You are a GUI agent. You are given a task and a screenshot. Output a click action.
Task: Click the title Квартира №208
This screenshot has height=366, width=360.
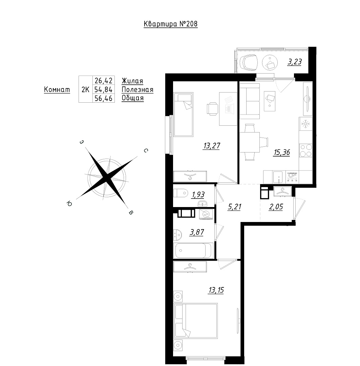pyautogui.click(x=171, y=24)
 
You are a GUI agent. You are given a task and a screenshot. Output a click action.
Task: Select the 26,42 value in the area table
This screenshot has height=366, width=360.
pyautogui.click(x=104, y=81)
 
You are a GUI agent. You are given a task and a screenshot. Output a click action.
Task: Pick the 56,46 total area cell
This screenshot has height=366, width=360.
pyautogui.click(x=104, y=99)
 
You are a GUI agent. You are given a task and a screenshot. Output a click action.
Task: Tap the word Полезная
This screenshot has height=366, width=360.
pyautogui.click(x=137, y=89)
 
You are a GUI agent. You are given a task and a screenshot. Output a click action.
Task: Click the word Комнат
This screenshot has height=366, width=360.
pyautogui.click(x=57, y=89)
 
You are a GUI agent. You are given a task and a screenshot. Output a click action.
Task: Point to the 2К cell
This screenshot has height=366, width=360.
pyautogui.click(x=85, y=89)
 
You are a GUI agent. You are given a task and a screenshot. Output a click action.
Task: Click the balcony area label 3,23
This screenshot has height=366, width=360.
pyautogui.click(x=295, y=62)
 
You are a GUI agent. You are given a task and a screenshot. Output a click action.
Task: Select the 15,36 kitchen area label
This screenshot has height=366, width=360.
pyautogui.click(x=282, y=152)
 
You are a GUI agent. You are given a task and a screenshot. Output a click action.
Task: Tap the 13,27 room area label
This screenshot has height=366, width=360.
pyautogui.click(x=212, y=146)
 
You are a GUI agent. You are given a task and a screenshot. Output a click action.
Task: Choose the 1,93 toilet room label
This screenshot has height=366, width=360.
pyautogui.click(x=198, y=195)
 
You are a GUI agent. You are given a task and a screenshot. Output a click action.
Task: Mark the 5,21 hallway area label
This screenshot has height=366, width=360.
pyautogui.click(x=234, y=207)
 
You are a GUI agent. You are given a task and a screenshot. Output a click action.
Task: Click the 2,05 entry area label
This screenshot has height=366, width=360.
pyautogui.click(x=276, y=207)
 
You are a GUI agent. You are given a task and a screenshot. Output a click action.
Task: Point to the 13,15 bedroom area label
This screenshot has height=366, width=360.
pyautogui.click(x=216, y=290)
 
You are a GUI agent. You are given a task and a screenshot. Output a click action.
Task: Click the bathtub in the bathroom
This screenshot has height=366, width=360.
pyautogui.click(x=193, y=251)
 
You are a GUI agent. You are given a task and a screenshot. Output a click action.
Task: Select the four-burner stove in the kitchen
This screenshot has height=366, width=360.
pyautogui.click(x=306, y=150)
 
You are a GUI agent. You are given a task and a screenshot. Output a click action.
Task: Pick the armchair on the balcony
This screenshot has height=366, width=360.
pyautogui.click(x=249, y=62)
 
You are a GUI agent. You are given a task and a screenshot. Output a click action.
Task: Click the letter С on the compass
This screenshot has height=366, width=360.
pyautogui.click(x=146, y=150)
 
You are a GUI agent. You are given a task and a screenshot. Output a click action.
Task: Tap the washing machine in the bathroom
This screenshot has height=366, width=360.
pyautogui.click(x=206, y=214)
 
